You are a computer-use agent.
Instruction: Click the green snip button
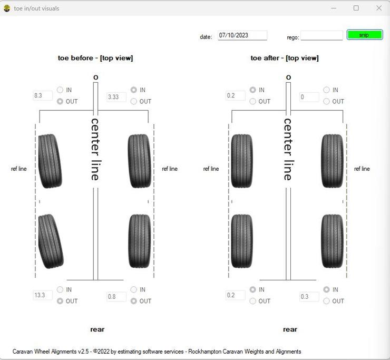tap(365, 35)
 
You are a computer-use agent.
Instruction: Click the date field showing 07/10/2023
tap(242, 35)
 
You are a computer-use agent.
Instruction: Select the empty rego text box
tap(321, 35)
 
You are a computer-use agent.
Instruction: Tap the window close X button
tap(379, 8)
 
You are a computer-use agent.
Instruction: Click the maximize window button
tap(356, 8)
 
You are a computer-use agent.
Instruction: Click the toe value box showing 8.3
tap(43, 95)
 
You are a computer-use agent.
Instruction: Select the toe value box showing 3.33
tap(116, 97)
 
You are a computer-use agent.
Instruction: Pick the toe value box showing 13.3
tap(43, 295)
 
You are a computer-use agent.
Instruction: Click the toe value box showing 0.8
tap(116, 297)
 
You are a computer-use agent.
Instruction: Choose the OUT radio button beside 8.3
tap(60, 101)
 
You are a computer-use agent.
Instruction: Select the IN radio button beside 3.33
tap(133, 90)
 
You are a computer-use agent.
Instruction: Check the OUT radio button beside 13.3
tap(60, 301)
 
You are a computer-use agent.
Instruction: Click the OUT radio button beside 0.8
tap(133, 301)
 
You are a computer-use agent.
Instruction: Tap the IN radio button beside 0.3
tap(326, 289)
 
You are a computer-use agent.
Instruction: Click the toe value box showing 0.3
tap(309, 297)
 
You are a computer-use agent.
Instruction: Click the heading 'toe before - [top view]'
tap(95, 58)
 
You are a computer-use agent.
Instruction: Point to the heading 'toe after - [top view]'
tap(285, 58)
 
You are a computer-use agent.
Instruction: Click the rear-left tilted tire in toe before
tap(51, 241)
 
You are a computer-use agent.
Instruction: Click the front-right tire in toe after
tap(333, 161)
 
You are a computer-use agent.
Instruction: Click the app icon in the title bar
tap(7, 8)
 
